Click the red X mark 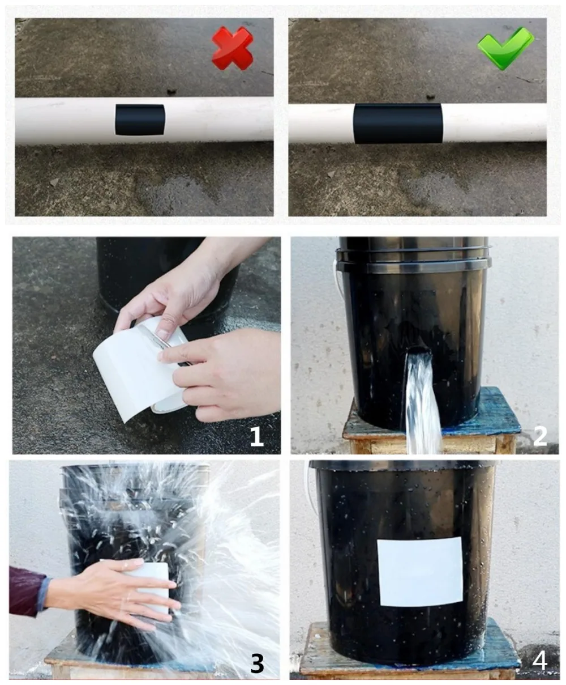click(233, 48)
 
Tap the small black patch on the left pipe click(140, 120)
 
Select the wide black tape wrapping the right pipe click(397, 124)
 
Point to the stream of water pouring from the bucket click(422, 403)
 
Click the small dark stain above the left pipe click(171, 92)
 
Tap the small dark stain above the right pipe click(431, 97)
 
